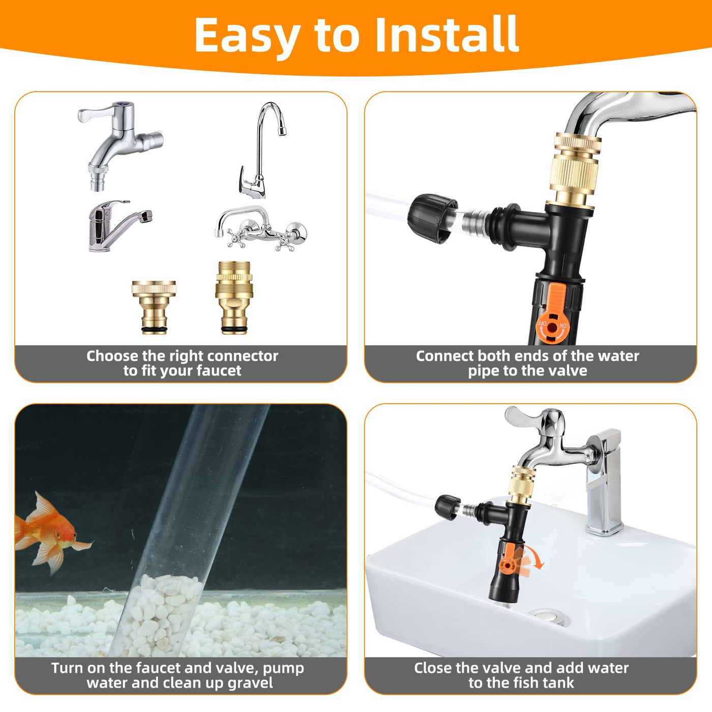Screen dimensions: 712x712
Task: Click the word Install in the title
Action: pyautogui.click(x=447, y=35)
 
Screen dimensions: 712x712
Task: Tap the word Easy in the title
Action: pyautogui.click(x=247, y=38)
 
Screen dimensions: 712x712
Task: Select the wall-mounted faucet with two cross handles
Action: pyautogui.click(x=261, y=228)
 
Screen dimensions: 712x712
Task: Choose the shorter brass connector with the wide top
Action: pyautogui.click(x=154, y=307)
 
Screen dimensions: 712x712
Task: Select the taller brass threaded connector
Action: pyautogui.click(x=234, y=298)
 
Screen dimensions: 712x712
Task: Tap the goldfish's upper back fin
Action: pyautogui.click(x=44, y=506)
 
